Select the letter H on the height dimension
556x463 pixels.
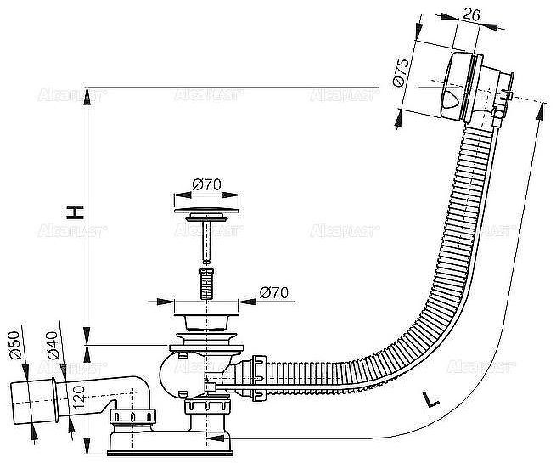coord(76,212)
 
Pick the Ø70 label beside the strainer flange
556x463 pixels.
coord(273,292)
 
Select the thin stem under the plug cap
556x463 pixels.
coord(204,242)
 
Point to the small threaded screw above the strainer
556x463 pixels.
coord(204,283)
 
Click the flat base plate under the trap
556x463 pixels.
coord(205,442)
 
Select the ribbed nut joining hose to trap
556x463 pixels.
coord(254,375)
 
